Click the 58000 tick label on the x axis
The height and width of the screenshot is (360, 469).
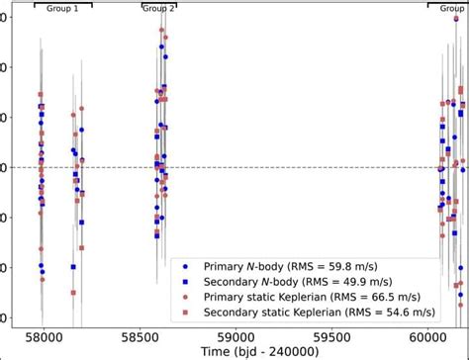[45, 337]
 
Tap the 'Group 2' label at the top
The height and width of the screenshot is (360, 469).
[158, 8]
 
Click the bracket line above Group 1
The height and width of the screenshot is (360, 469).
[62, 4]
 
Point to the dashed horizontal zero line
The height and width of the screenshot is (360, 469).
[297, 167]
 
